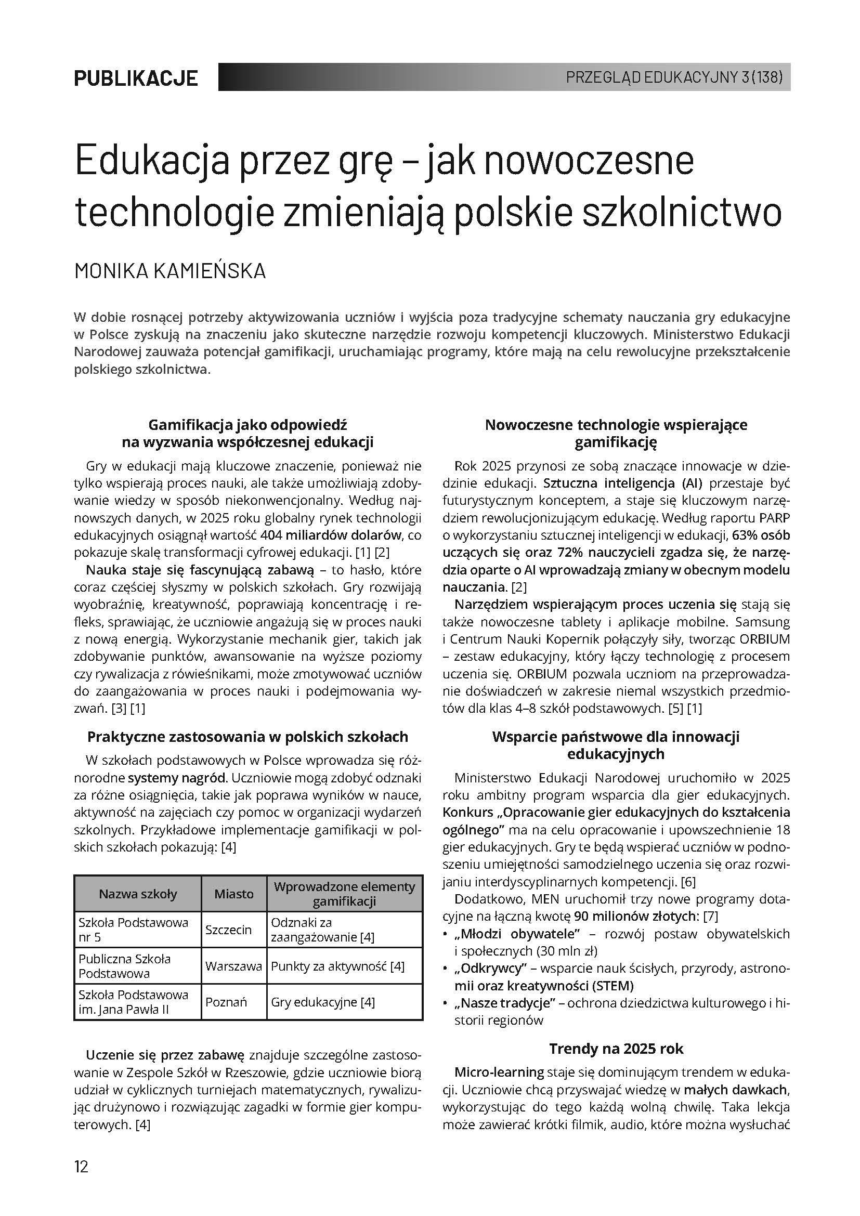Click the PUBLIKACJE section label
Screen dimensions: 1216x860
(x=136, y=79)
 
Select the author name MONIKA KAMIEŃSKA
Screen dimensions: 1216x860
(x=170, y=271)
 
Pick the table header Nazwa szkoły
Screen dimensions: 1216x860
(x=138, y=894)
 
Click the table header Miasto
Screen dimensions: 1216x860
(x=233, y=894)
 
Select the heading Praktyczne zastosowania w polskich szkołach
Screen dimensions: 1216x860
(x=248, y=737)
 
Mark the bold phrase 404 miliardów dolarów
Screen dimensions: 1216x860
(x=332, y=535)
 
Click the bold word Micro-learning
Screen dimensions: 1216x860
(x=499, y=1072)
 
